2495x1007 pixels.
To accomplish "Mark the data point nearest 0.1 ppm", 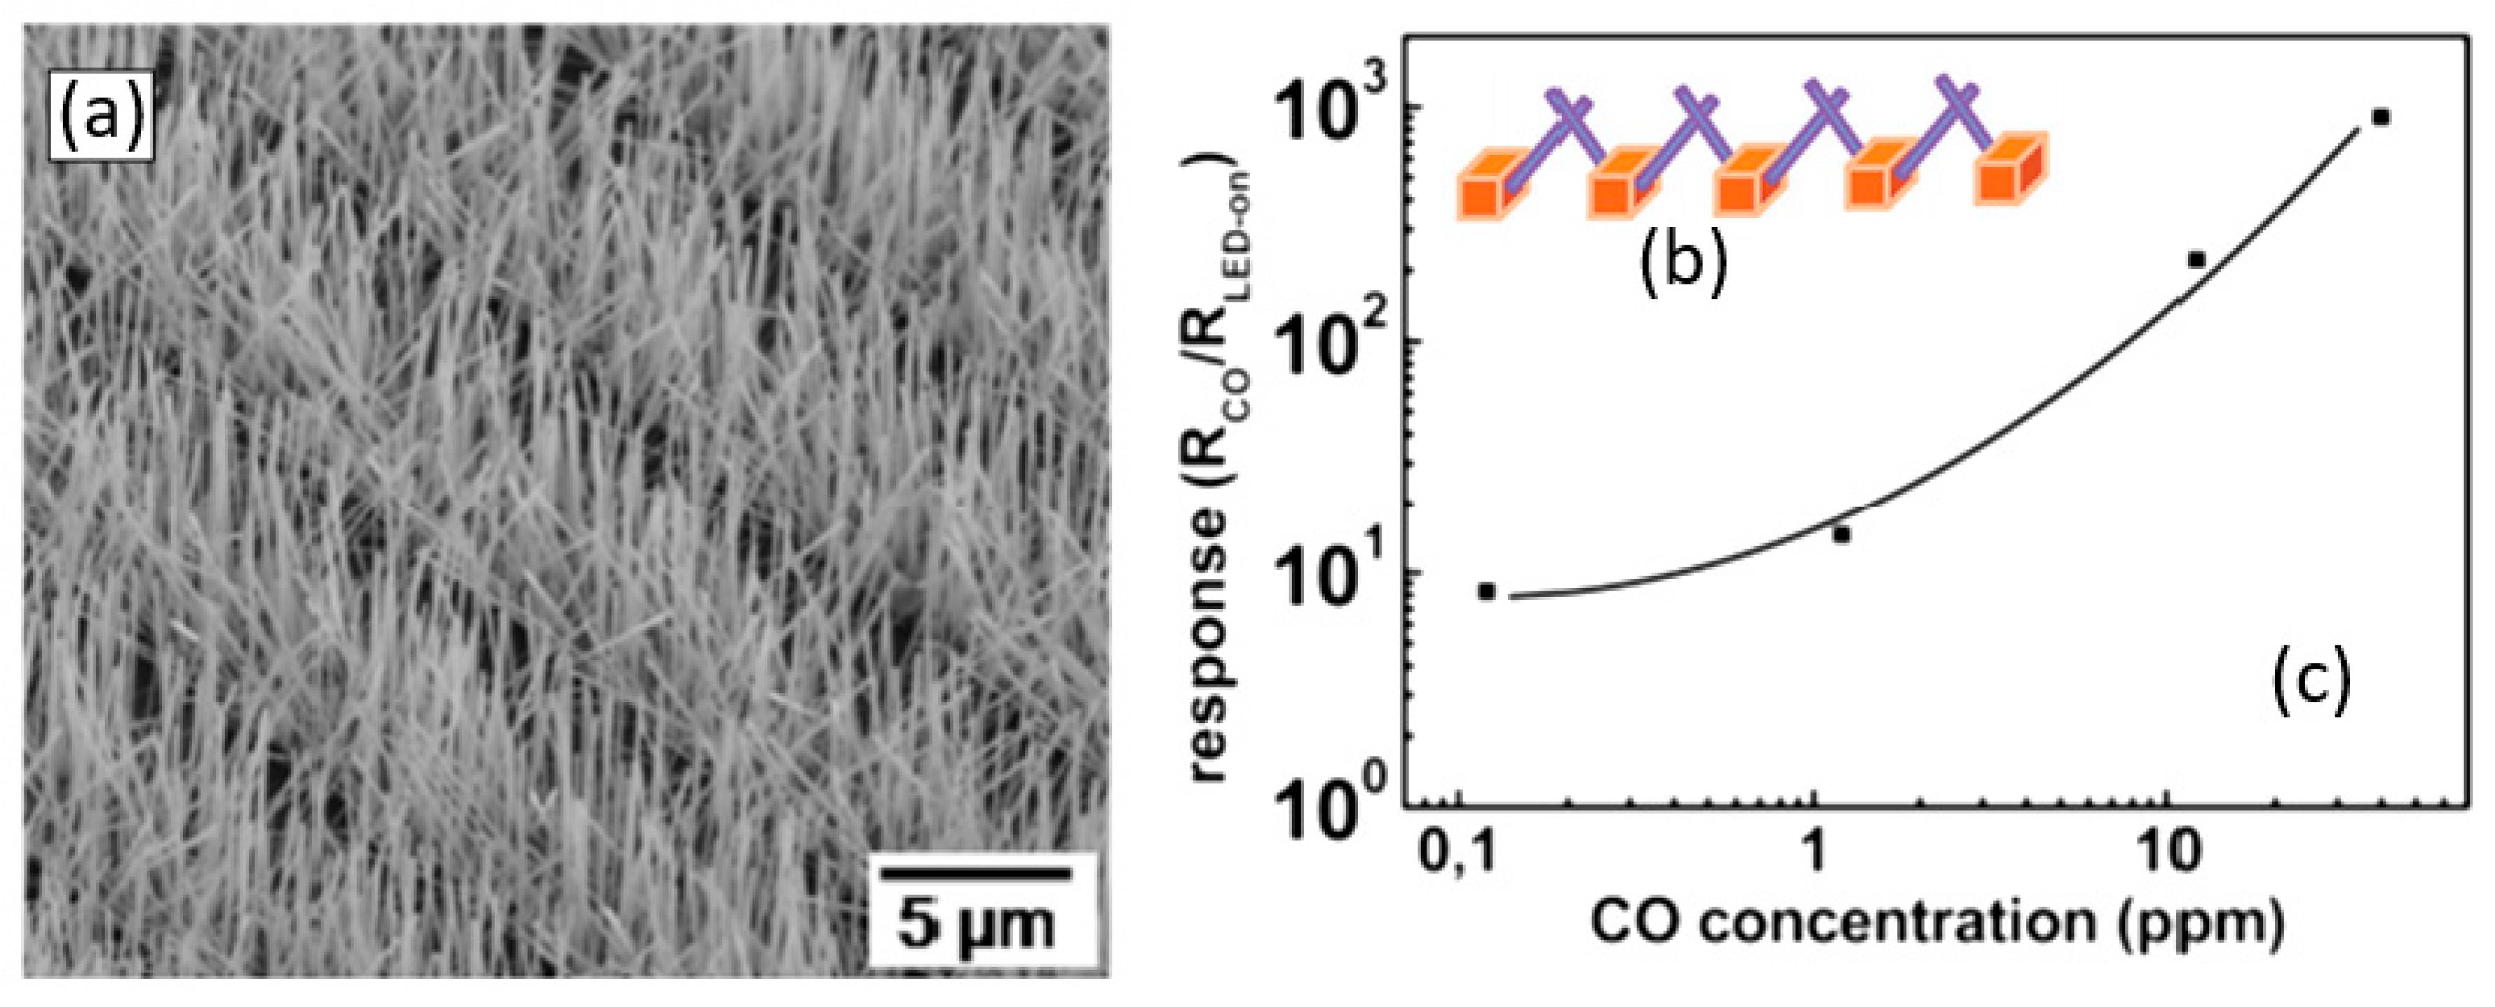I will (1487, 591).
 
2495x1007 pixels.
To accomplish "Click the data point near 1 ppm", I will (1841, 533).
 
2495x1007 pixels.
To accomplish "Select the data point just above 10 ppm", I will (2197, 259).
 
